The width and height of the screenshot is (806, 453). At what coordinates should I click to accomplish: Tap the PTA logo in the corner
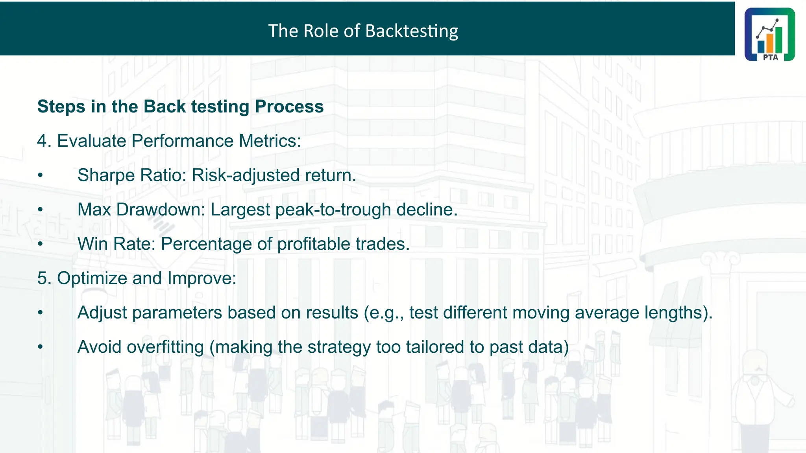[769, 34]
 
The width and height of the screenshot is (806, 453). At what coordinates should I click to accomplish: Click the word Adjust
[102, 313]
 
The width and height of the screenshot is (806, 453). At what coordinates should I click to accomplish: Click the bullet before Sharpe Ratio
[40, 176]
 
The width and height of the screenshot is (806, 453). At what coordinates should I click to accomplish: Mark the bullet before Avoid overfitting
[40, 347]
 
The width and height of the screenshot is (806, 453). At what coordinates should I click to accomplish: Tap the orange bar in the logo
[770, 44]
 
